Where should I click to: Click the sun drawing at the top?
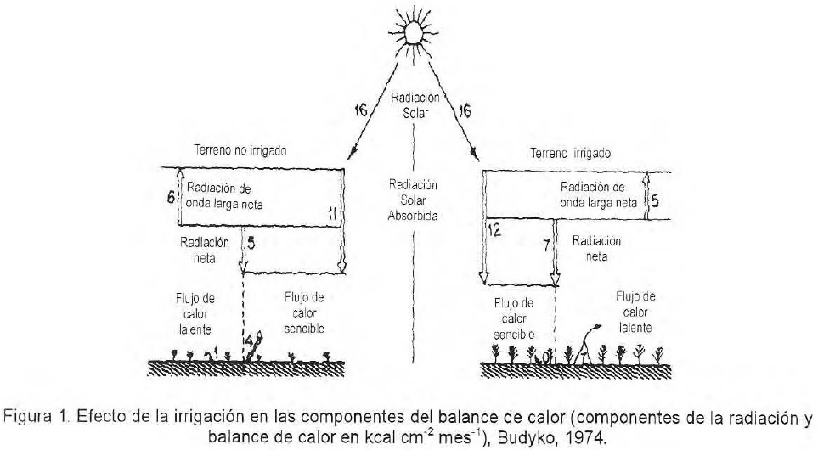point(412,31)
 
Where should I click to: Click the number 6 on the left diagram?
point(170,195)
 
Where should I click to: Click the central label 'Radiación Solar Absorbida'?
point(413,200)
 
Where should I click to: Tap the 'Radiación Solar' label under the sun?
point(414,106)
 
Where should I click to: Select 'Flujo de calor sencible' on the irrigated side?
point(514,318)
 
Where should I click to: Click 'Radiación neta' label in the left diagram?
point(204,250)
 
